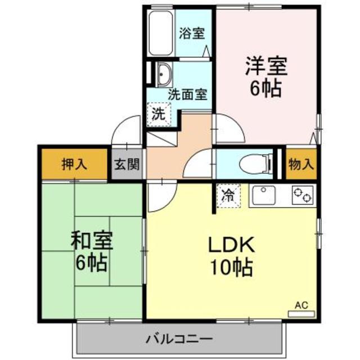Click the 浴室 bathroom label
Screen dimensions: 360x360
[x=192, y=33]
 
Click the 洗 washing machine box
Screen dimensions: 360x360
[x=159, y=115]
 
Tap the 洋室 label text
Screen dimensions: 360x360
[x=265, y=67]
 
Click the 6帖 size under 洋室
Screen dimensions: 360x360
[x=265, y=89]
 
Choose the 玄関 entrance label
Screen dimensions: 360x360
[x=125, y=164]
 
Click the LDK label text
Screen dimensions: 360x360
[x=232, y=245]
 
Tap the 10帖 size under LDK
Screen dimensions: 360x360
[x=231, y=267]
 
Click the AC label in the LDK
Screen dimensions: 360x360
[x=301, y=305]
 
